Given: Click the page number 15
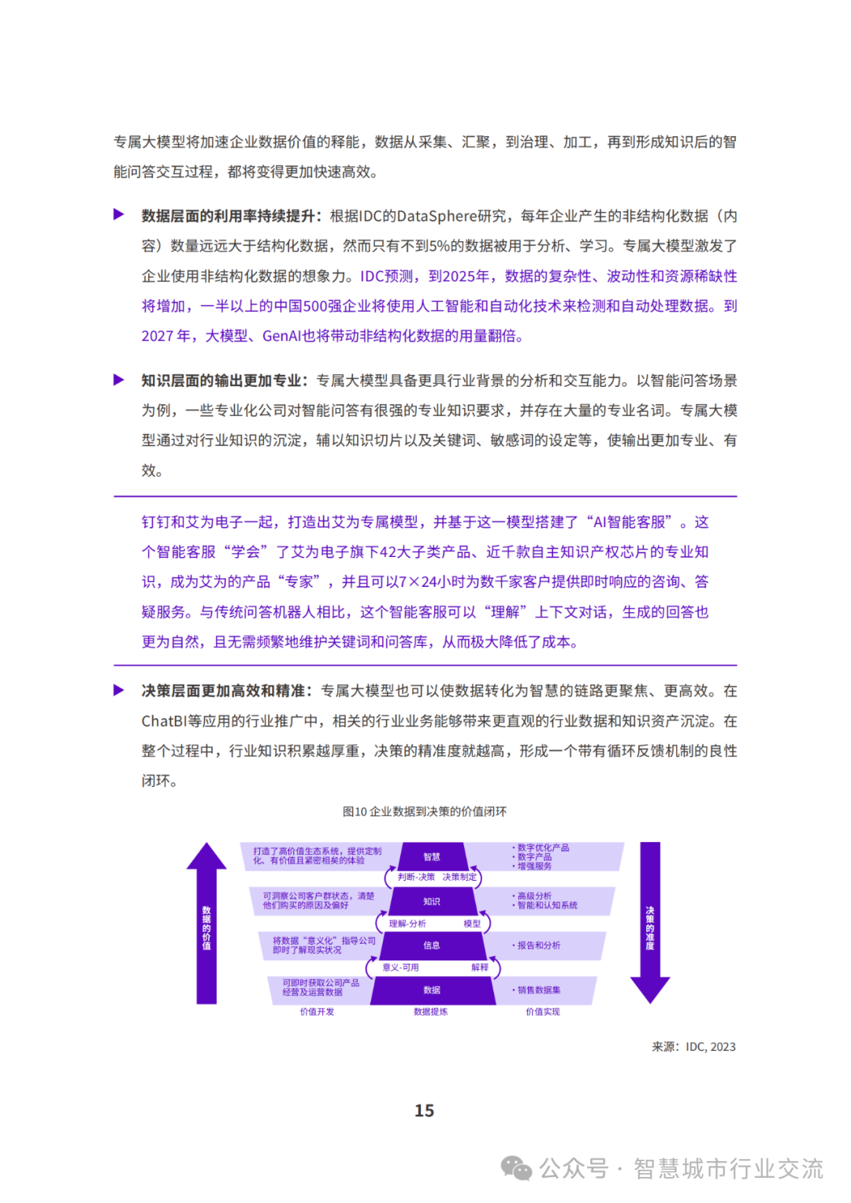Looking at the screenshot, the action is [424, 1110].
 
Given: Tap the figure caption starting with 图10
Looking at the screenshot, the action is [425, 811].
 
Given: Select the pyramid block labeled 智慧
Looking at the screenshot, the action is [432, 856].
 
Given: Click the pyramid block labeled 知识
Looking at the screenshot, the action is [432, 901].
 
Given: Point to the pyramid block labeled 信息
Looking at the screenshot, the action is [432, 945].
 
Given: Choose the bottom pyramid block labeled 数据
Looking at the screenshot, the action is [432, 990].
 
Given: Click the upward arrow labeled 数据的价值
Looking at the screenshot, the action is [206, 926].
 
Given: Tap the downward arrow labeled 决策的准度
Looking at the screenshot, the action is [650, 922].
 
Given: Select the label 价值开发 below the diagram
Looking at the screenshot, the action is [317, 1012].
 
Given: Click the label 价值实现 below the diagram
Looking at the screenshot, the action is [543, 1012].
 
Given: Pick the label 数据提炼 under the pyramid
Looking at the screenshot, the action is [431, 1012].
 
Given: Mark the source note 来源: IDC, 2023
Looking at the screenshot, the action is [693, 1047].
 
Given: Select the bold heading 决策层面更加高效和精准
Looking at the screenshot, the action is [224, 691].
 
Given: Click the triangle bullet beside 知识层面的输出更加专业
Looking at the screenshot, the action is [119, 380].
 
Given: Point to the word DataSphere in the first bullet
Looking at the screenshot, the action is [437, 216].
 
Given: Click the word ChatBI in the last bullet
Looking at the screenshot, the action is [164, 721].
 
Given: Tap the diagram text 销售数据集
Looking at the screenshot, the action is [539, 990].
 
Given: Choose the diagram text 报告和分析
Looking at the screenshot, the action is [539, 945].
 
